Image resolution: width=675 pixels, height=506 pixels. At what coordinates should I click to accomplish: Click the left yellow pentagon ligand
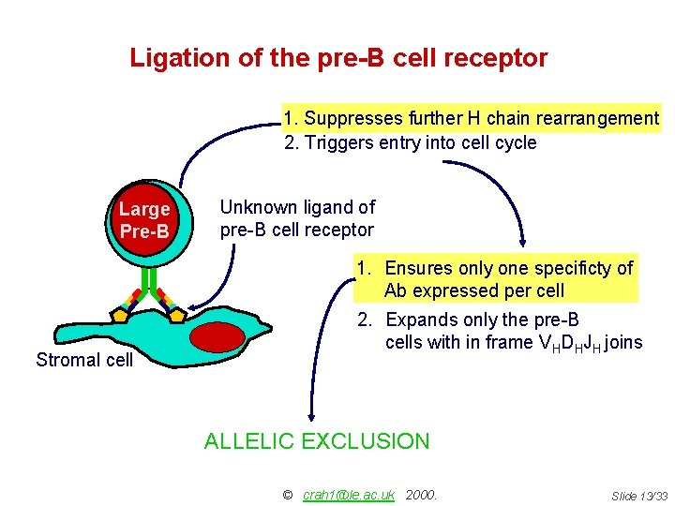(120, 315)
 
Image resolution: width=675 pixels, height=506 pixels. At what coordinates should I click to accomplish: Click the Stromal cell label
(84, 360)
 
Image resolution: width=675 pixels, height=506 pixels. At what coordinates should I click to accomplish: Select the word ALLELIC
(247, 441)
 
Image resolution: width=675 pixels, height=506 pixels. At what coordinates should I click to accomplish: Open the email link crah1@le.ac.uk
(349, 494)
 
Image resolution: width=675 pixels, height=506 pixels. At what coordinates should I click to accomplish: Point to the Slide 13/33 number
(638, 495)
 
